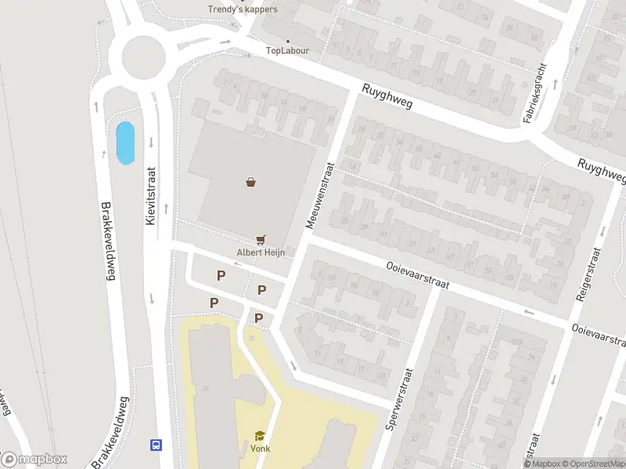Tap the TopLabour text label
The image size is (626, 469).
[287, 51]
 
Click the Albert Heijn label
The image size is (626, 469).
[261, 252]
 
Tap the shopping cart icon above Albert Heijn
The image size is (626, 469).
[261, 240]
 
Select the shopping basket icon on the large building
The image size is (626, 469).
[251, 182]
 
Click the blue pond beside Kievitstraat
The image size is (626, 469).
[124, 143]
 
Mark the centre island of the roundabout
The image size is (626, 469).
[143, 55]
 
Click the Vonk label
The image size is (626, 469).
[259, 449]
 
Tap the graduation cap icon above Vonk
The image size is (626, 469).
[259, 436]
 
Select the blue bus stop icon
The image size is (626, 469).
[156, 446]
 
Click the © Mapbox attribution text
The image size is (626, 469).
[543, 464]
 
